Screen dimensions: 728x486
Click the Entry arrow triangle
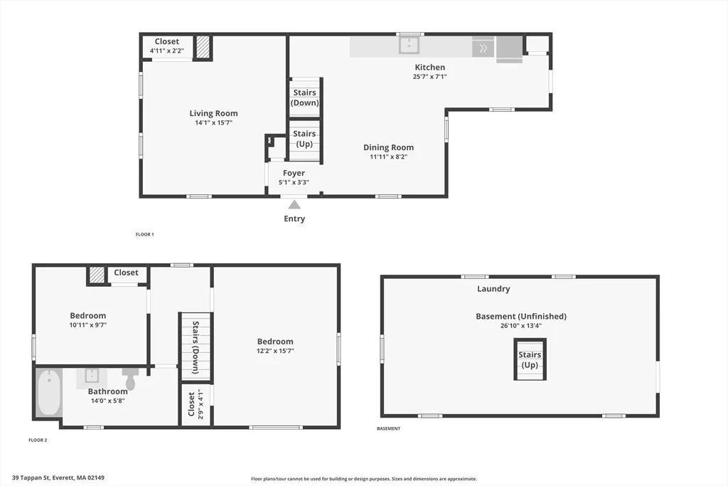tap(294, 205)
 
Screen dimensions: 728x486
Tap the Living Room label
tap(213, 113)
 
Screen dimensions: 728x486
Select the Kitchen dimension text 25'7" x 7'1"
tap(430, 77)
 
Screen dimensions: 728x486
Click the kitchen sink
tap(409, 46)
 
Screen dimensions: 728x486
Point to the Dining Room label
tap(389, 147)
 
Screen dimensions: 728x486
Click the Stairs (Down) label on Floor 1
tap(304, 97)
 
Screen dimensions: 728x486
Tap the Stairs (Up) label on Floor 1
tap(304, 139)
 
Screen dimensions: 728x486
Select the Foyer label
tap(294, 173)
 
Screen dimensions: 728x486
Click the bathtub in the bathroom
tap(49, 393)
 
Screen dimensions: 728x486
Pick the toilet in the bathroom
tap(131, 379)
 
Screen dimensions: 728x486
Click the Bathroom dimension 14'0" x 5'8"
tap(108, 401)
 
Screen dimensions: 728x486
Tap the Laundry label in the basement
tap(493, 288)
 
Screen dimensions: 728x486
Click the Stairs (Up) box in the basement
tap(530, 359)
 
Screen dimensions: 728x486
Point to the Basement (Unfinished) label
tap(521, 317)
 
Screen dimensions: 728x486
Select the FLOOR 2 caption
tap(38, 440)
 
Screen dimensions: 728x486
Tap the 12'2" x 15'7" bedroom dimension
tap(275, 351)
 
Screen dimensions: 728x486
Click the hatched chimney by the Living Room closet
tap(203, 48)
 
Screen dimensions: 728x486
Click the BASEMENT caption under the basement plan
tap(389, 428)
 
